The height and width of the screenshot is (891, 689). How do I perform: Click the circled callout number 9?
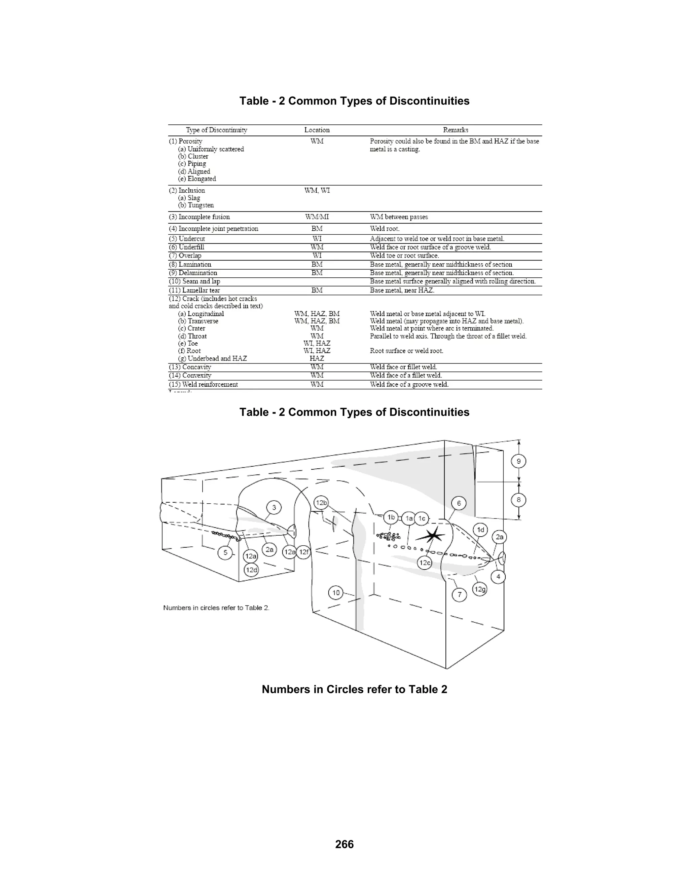[518, 461]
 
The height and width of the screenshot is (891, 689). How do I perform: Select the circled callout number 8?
[518, 500]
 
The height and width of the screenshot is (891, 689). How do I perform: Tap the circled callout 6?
[459, 503]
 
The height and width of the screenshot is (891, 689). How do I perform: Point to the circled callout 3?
[274, 507]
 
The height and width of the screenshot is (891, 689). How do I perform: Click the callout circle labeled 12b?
[321, 503]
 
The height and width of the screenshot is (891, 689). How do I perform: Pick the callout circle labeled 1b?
[391, 517]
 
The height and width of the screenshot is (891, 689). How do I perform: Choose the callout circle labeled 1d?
[481, 530]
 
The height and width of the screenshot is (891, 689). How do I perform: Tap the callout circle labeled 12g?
[480, 589]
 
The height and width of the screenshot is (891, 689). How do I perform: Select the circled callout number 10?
[336, 593]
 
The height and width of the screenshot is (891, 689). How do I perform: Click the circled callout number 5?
[225, 553]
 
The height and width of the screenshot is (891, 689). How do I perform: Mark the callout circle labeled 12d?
[251, 570]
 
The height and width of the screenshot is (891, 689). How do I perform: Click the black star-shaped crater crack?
[433, 535]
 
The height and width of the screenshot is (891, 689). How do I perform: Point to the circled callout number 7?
[460, 594]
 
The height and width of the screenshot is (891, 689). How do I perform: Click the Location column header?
[317, 130]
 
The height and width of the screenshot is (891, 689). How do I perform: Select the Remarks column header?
[456, 130]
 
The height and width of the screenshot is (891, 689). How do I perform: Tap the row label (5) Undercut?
[187, 239]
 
